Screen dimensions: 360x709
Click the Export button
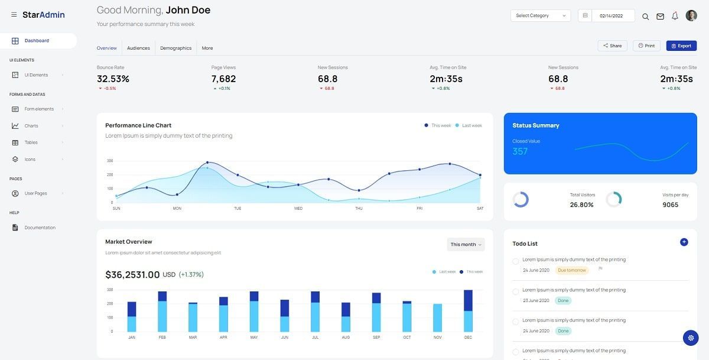click(x=681, y=46)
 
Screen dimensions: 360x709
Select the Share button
click(x=612, y=46)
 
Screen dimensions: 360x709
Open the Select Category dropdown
click(x=540, y=16)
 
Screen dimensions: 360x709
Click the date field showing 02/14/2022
click(x=612, y=16)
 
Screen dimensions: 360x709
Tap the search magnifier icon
click(x=645, y=17)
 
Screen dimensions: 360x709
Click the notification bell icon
click(x=675, y=16)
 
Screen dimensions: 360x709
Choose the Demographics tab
click(x=175, y=48)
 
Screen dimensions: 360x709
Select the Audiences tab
click(x=138, y=48)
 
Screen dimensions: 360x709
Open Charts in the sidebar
click(x=31, y=126)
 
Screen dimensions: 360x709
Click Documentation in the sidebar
click(x=40, y=228)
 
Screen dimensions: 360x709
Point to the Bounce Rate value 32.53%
click(x=113, y=79)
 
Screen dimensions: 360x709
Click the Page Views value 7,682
click(x=223, y=79)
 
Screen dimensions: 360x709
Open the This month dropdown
click(x=466, y=245)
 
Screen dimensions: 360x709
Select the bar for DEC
click(x=468, y=311)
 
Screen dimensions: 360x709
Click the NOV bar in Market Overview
click(x=437, y=318)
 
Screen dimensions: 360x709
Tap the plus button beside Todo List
click(x=684, y=242)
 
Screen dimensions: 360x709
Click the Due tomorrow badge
click(x=571, y=270)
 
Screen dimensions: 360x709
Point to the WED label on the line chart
click(x=298, y=209)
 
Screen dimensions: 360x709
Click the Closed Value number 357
click(x=520, y=151)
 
